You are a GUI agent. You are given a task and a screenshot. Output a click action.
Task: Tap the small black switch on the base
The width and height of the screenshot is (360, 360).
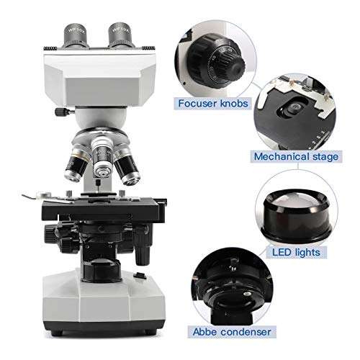(141, 276)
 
